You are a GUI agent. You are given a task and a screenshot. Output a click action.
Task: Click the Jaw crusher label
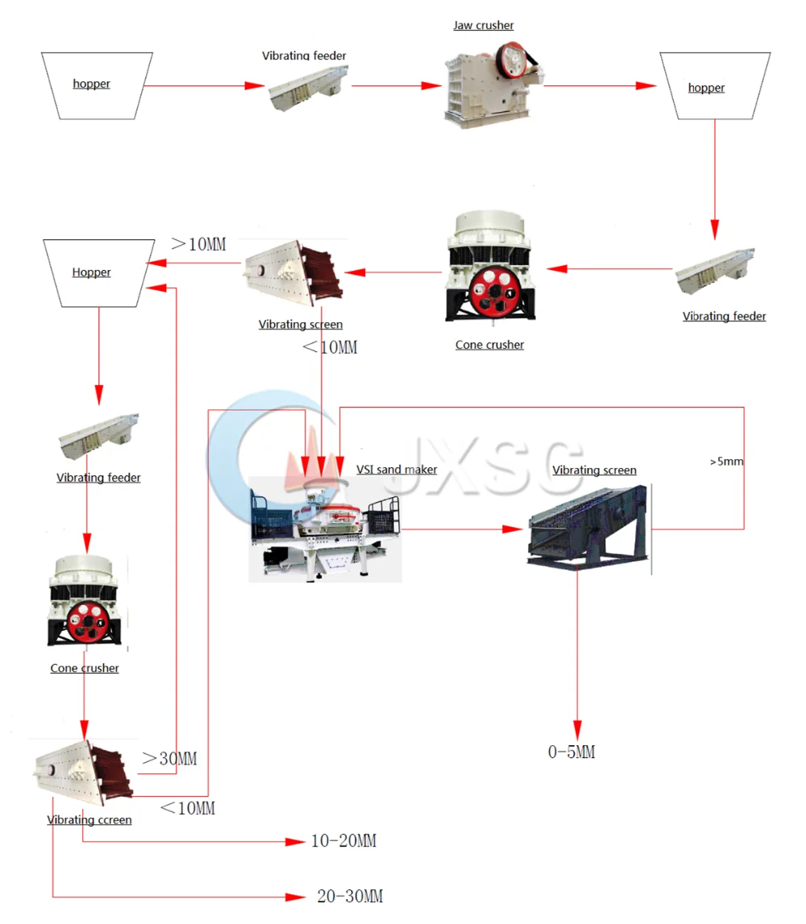pyautogui.click(x=483, y=25)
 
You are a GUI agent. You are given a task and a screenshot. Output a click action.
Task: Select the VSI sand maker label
pyautogui.click(x=397, y=469)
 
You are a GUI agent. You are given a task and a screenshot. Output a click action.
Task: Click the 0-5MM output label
pyautogui.click(x=571, y=752)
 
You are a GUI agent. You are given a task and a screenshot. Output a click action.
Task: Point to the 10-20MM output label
pyautogui.click(x=343, y=841)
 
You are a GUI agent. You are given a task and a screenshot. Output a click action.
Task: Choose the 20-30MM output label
pyautogui.click(x=350, y=896)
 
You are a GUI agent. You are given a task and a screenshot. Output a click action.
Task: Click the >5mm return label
pyautogui.click(x=726, y=462)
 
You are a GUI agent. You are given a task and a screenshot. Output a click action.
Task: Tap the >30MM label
pyautogui.click(x=169, y=758)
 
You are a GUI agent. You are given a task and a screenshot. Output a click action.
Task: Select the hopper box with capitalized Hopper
pyautogui.click(x=98, y=271)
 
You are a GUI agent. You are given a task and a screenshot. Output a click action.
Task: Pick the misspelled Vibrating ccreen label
pyautogui.click(x=89, y=819)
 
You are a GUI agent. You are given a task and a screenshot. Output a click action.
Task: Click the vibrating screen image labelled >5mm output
pyautogui.click(x=588, y=526)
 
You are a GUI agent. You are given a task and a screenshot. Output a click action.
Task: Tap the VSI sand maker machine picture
pyautogui.click(x=325, y=528)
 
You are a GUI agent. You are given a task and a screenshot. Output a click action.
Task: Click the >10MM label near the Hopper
pyautogui.click(x=198, y=243)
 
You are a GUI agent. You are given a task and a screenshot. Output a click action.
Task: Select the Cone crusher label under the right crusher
pyautogui.click(x=489, y=345)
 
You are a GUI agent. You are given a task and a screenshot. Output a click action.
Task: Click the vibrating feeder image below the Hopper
pyautogui.click(x=98, y=436)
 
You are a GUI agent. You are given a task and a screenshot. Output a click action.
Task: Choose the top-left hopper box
pyautogui.click(x=97, y=84)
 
